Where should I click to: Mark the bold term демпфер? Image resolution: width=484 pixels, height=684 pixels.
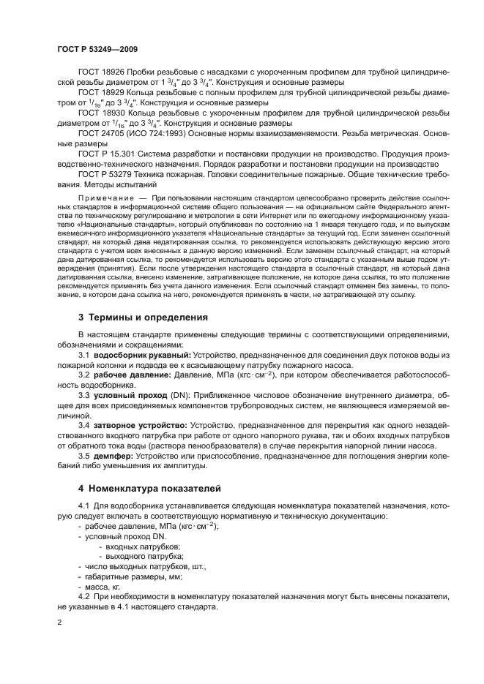pos(114,455)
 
